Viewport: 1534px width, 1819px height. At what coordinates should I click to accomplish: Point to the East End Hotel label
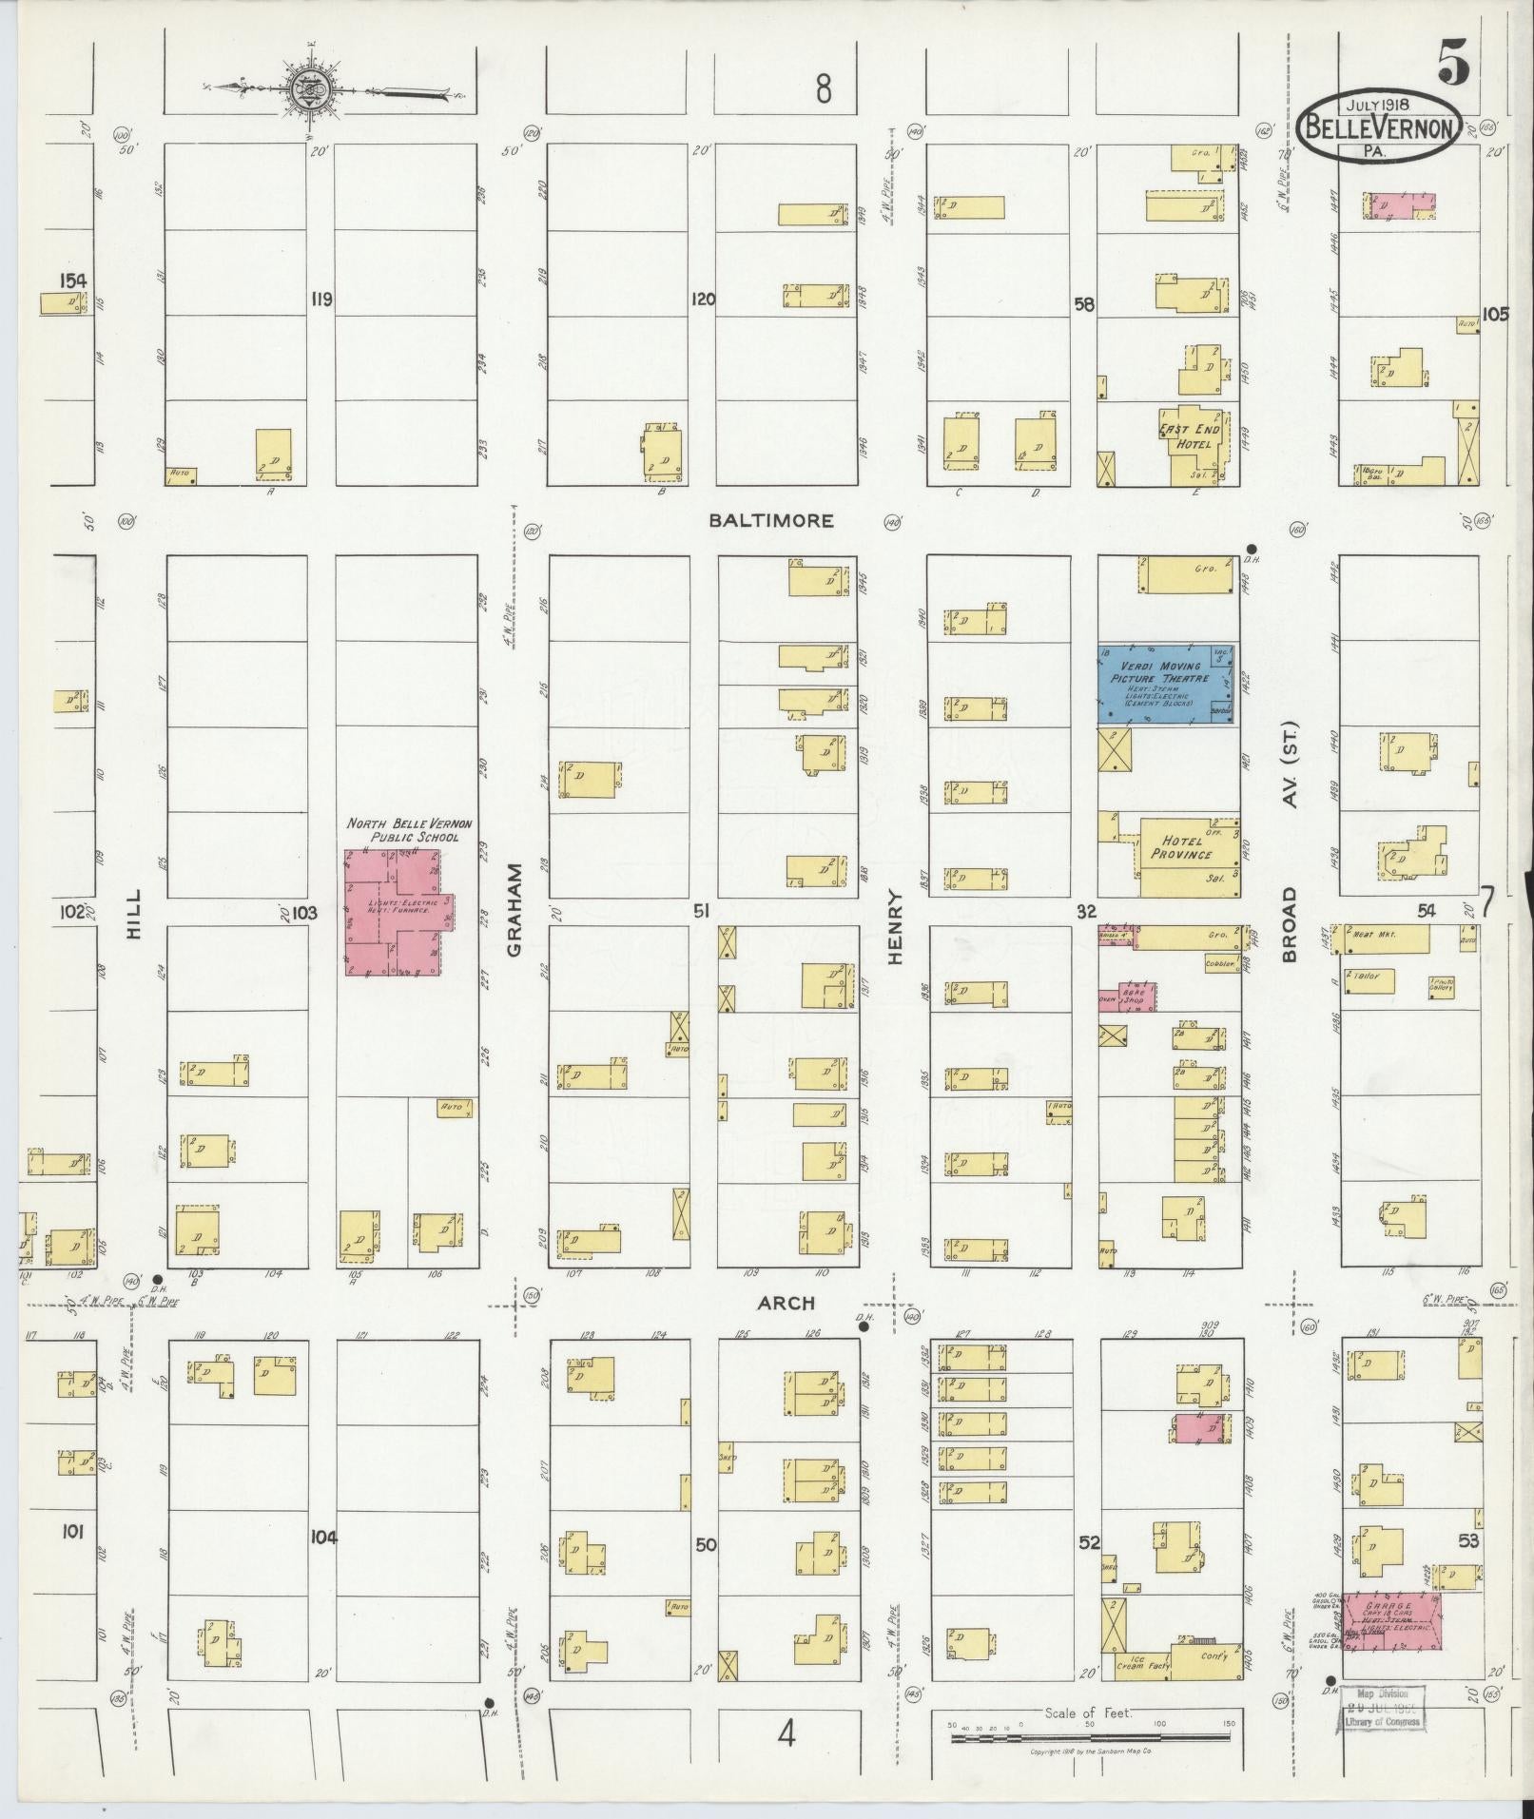[1189, 436]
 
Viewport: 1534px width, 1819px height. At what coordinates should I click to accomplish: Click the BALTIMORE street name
[771, 520]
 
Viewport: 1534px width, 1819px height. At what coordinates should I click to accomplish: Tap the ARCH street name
[786, 1303]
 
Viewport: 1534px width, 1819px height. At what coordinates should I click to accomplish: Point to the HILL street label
[132, 915]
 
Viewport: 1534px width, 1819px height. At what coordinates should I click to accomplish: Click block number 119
[320, 300]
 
